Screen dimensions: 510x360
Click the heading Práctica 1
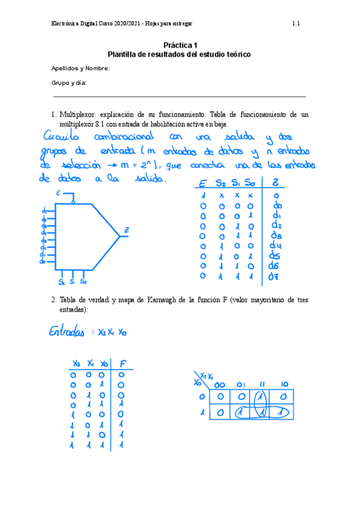click(179, 45)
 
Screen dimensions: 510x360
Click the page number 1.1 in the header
click(296, 24)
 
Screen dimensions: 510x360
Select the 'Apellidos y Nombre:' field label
click(81, 69)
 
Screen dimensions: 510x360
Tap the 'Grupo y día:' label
click(69, 83)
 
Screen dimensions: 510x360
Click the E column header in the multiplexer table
click(203, 183)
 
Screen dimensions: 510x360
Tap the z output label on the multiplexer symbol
click(126, 229)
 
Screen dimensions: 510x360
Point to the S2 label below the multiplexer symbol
click(62, 281)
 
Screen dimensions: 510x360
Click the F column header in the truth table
click(123, 364)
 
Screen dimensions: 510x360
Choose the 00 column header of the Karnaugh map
click(221, 384)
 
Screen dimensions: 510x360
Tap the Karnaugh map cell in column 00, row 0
click(221, 397)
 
